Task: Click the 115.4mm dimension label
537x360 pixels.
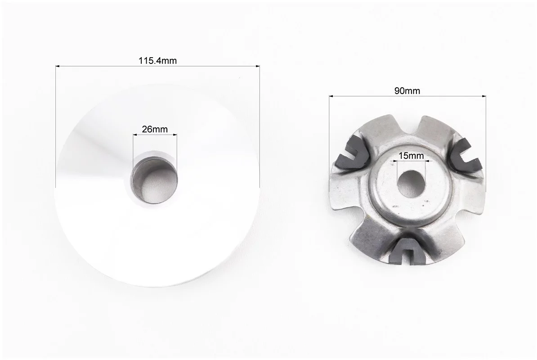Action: [x=157, y=61]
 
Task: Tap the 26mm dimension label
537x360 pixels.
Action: [x=155, y=129]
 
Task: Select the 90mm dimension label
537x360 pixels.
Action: [x=407, y=91]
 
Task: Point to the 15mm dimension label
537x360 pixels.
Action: [x=411, y=156]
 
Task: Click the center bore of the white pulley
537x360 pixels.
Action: [x=155, y=180]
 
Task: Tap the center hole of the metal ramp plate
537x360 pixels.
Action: [x=411, y=184]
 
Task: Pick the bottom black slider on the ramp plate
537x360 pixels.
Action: [x=407, y=251]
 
